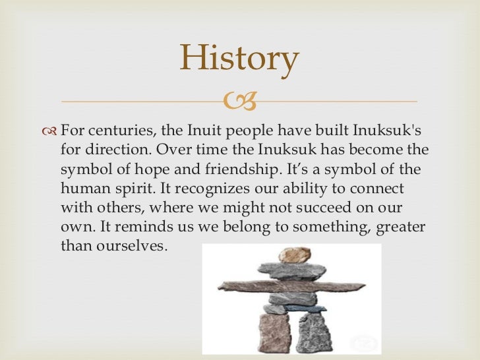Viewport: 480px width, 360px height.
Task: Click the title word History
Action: (x=239, y=59)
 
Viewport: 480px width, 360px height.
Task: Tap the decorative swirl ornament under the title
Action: (x=240, y=102)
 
